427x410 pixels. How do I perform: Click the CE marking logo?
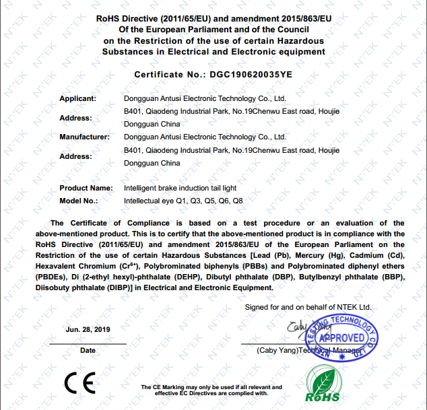point(79,382)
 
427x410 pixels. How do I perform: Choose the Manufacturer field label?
point(84,137)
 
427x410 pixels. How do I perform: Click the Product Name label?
point(86,188)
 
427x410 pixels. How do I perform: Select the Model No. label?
point(79,201)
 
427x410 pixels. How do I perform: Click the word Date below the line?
point(88,351)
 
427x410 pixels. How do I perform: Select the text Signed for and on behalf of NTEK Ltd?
point(308,307)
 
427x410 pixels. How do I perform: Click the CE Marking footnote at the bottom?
point(211,390)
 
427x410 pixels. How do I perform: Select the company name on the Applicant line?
point(206,98)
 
